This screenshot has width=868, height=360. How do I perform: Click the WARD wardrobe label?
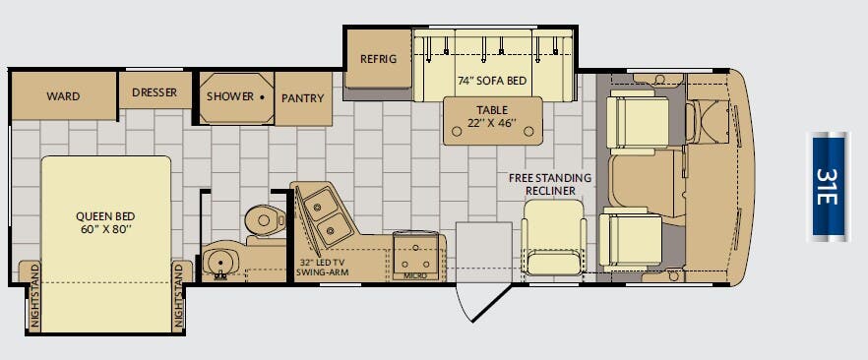coord(63,96)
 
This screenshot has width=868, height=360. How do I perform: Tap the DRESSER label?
coord(155,92)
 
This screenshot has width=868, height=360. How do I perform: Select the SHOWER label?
coord(229,96)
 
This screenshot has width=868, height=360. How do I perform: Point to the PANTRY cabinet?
coord(303,99)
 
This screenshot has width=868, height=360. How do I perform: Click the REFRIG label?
coord(379,59)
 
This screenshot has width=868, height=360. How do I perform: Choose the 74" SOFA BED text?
coord(492,81)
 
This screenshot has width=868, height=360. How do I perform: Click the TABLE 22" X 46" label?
coord(492,116)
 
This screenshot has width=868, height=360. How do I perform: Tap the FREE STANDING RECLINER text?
coord(550,184)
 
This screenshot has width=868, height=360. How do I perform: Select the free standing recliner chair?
coord(553,237)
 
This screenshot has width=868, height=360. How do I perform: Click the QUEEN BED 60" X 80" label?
coord(105,222)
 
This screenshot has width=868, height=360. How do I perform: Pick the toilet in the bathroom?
coord(265,223)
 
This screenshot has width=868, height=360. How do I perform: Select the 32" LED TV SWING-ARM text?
coord(322,267)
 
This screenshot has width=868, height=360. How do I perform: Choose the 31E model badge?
coord(829,186)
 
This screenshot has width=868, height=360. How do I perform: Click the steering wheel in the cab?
coord(691,123)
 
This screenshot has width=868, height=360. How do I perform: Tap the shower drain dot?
coord(263,96)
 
